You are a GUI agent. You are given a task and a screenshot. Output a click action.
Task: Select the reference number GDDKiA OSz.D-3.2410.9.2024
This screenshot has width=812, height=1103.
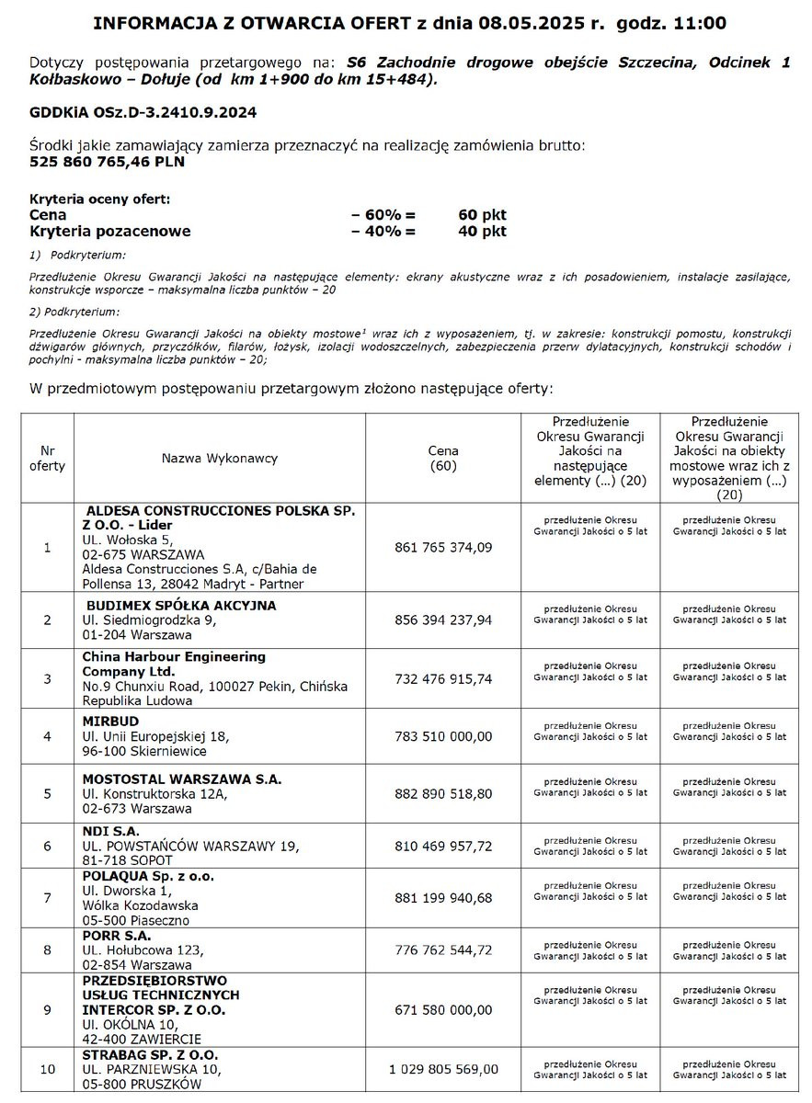click(x=143, y=112)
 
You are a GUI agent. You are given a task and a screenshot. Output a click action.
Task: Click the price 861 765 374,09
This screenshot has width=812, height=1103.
click(x=443, y=548)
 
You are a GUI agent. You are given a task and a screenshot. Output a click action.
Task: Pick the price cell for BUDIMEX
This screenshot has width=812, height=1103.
click(x=443, y=620)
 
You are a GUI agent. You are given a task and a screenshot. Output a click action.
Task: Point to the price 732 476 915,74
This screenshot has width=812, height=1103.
click(x=443, y=679)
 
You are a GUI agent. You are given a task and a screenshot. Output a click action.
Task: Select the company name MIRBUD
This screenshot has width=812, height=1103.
click(x=111, y=722)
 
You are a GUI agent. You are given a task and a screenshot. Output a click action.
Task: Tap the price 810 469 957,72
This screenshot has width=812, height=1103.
click(x=443, y=846)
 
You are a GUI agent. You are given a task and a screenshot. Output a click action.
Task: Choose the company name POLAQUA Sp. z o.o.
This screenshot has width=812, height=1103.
click(x=148, y=876)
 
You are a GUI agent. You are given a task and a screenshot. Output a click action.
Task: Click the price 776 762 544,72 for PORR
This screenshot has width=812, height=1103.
click(x=443, y=949)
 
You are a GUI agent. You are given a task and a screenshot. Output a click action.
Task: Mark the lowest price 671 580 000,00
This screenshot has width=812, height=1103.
click(x=443, y=1010)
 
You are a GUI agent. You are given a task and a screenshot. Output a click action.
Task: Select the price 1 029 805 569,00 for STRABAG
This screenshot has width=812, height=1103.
click(x=443, y=1069)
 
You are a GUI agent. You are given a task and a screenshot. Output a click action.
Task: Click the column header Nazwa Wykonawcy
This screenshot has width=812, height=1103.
click(x=220, y=458)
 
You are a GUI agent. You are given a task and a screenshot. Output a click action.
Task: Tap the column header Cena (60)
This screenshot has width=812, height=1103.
click(x=443, y=459)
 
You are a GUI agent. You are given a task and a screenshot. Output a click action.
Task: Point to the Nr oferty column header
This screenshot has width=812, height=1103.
click(x=47, y=458)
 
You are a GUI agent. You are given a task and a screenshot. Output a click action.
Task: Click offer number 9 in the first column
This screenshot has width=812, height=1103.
click(x=47, y=1010)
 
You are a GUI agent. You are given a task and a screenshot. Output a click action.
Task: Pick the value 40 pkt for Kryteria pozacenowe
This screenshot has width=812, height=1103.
click(x=482, y=232)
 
